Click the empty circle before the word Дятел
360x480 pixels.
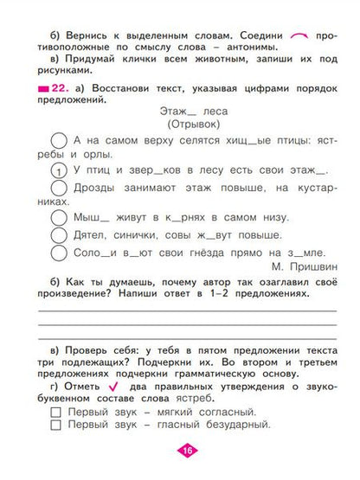58,234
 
